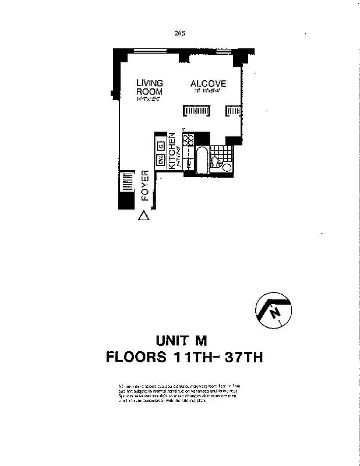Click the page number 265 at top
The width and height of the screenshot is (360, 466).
coord(179,33)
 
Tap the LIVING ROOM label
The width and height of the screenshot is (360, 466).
coord(149,87)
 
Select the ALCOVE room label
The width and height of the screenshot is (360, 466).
coord(208,84)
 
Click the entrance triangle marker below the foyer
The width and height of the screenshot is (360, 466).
coord(143,216)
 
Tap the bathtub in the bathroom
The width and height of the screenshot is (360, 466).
coord(202,160)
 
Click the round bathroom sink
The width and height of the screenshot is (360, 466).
coord(227,168)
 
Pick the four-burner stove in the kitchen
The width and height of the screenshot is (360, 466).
coord(188,139)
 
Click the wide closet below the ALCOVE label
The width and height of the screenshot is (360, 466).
coord(196,110)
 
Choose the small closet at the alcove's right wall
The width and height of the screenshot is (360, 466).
coord(234,110)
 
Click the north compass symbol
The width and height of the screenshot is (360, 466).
coord(273,311)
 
